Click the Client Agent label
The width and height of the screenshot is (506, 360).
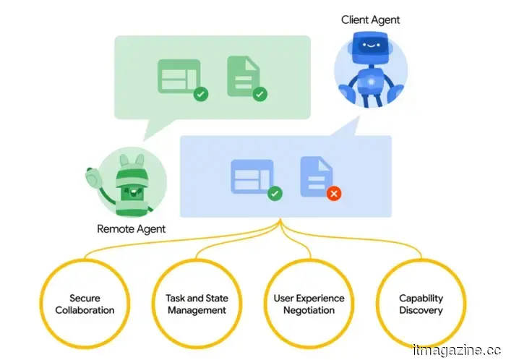click(x=371, y=20)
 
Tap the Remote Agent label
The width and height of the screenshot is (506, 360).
click(x=131, y=229)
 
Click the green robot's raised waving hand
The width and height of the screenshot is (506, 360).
click(x=93, y=177)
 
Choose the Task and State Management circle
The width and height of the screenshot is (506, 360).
click(x=191, y=304)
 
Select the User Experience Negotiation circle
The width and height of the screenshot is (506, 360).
click(x=309, y=304)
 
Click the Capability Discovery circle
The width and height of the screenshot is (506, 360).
click(x=421, y=304)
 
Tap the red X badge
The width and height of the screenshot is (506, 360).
click(x=333, y=194)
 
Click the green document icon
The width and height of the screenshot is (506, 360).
click(x=242, y=76)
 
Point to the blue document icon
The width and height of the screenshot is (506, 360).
click(x=315, y=176)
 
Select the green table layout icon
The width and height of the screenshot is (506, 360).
click(x=178, y=76)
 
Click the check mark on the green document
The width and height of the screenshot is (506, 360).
click(x=260, y=94)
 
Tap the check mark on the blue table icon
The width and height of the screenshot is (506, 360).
click(x=275, y=194)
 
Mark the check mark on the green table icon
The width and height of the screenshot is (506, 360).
click(x=201, y=94)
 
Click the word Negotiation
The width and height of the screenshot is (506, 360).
click(x=309, y=310)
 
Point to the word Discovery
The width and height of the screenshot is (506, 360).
click(x=421, y=310)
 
